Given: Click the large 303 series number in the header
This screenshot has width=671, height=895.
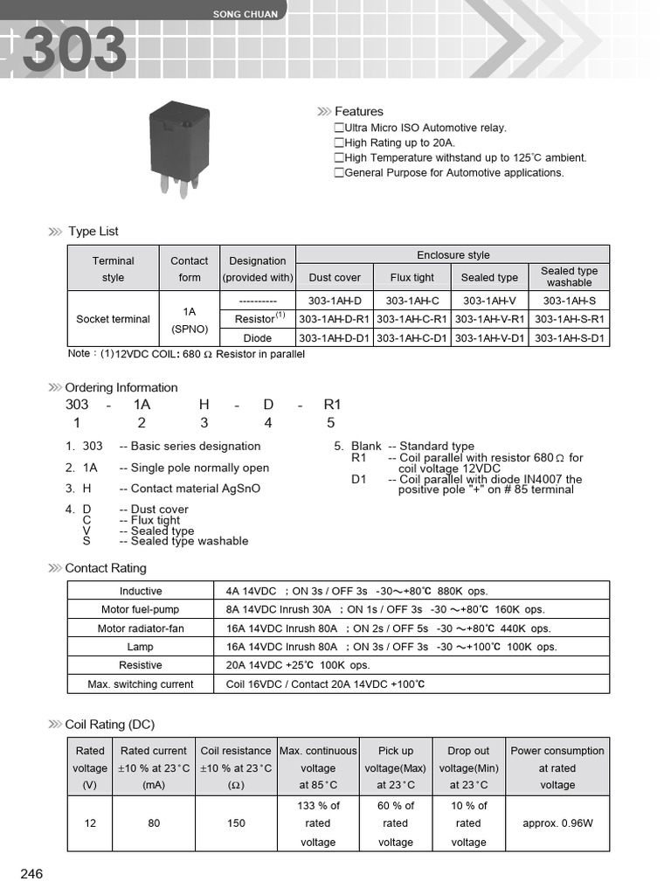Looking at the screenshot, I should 74,50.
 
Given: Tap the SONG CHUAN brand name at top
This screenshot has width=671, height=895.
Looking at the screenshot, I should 246,14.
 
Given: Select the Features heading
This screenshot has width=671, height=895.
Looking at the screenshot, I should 358,112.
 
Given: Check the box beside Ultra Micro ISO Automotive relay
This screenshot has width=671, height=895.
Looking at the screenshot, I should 339,128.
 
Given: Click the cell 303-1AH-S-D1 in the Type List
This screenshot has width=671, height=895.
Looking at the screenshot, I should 569,338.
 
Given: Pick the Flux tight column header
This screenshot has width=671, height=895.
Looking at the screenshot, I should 412,278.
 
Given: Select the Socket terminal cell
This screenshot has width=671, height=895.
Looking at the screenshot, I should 113,319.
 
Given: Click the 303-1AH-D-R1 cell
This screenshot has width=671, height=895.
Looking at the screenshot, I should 335,319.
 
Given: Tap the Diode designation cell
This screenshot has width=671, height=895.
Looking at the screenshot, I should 257,338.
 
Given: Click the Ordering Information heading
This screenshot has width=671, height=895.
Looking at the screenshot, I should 121,388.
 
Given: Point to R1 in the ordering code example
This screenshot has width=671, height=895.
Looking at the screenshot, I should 332,405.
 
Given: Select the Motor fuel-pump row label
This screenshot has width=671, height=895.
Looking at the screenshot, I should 141,610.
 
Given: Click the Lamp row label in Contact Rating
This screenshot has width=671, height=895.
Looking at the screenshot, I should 140,648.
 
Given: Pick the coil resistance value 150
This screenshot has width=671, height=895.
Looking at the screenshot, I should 236,823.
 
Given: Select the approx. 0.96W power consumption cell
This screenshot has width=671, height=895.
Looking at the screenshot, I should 557,823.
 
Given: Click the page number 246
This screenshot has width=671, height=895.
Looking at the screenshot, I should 31,874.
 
